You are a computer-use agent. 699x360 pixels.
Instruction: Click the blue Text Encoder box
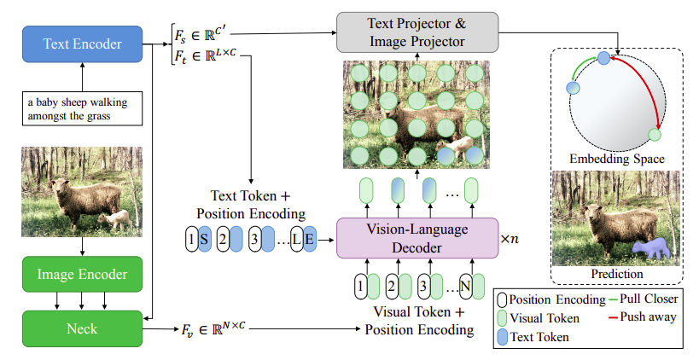pyautogui.click(x=83, y=43)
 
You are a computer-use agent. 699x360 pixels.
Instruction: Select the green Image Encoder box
pyautogui.click(x=83, y=275)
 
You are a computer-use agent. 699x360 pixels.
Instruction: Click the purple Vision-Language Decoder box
pyautogui.click(x=416, y=238)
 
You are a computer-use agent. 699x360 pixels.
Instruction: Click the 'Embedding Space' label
pyautogui.click(x=617, y=159)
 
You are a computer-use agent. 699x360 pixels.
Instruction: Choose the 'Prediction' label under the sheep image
pyautogui.click(x=616, y=274)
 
